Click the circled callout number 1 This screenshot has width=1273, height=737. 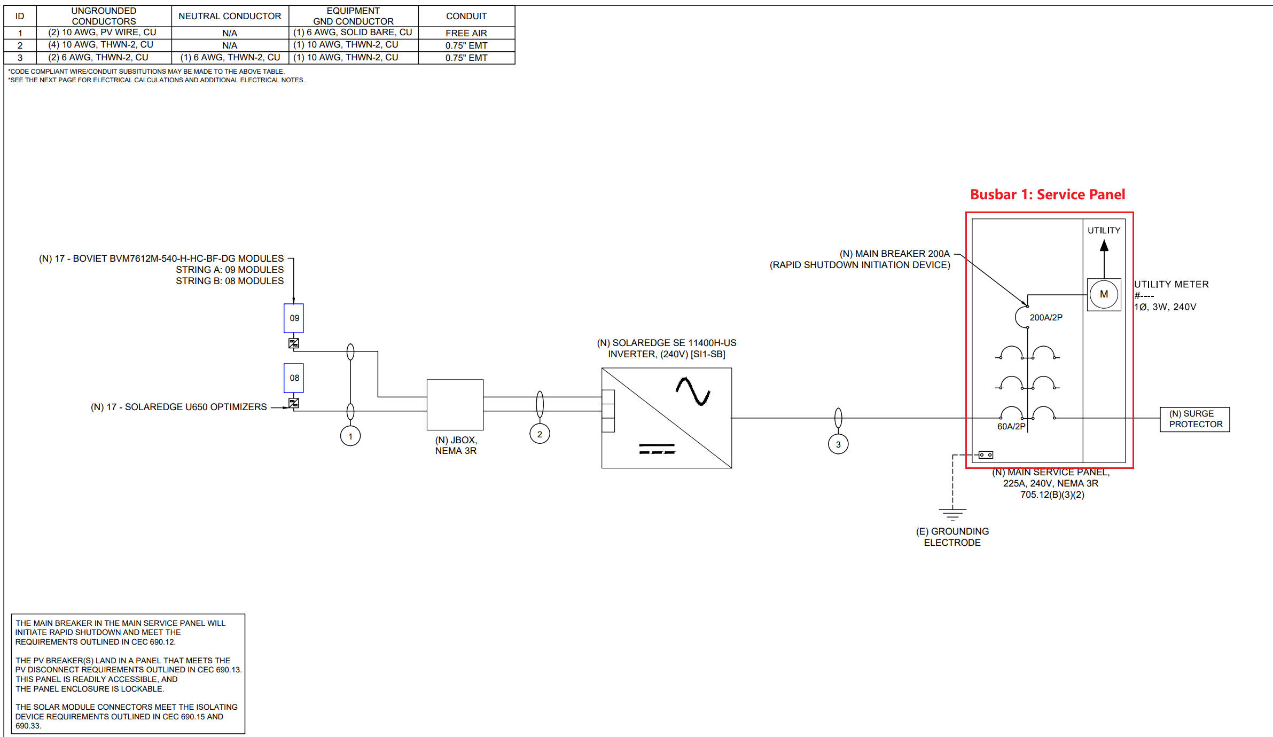350,436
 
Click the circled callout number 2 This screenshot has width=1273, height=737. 540,434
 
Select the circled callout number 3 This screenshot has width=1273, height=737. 838,444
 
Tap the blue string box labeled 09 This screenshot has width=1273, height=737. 294,318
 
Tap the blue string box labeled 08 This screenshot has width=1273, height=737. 294,378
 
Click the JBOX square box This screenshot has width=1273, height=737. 455,405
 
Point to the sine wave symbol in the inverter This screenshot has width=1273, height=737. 693,391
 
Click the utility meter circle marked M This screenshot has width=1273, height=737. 1104,294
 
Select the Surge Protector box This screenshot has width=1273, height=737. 1195,419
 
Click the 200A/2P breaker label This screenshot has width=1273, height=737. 1046,318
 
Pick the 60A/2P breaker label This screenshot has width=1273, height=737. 1011,427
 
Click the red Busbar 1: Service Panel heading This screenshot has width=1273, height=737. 1048,194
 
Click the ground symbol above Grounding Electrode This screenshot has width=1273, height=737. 952,514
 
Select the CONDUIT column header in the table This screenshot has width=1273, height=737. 466,16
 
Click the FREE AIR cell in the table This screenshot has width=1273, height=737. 466,33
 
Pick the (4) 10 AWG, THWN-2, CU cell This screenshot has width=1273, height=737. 100,45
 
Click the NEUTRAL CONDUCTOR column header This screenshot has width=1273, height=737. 230,16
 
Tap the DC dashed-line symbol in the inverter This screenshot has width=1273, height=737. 657,449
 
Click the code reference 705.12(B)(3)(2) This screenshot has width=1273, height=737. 1052,495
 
